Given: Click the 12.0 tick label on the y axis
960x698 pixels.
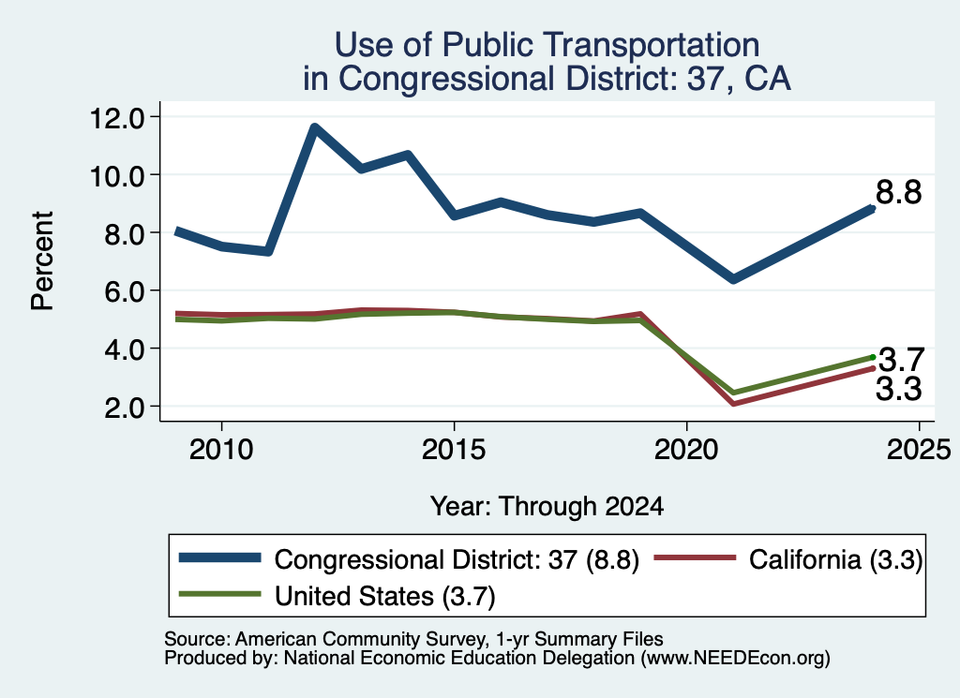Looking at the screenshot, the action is [x=116, y=117].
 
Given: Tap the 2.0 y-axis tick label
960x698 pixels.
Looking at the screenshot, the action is [x=124, y=408].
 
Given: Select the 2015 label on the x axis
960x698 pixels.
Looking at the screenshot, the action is [x=454, y=451].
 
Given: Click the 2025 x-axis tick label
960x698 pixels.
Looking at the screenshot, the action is [x=919, y=451].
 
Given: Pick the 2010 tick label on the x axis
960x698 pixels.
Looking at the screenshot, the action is [x=221, y=451].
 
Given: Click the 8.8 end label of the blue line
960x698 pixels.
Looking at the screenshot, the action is [x=898, y=192].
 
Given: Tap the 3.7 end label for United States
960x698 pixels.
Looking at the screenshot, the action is [x=901, y=360].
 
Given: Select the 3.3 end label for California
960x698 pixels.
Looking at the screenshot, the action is [x=898, y=389].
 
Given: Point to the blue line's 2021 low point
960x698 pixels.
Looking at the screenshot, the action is [x=733, y=279].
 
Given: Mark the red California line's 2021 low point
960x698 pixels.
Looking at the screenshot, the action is [x=733, y=403].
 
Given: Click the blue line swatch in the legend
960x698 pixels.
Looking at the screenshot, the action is [x=219, y=557].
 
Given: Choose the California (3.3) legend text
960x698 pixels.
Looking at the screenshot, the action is [x=835, y=559].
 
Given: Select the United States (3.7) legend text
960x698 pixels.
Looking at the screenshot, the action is [x=384, y=596].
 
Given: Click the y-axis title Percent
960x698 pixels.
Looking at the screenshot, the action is [x=42, y=261].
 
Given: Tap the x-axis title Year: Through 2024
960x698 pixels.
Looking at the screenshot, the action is [x=547, y=507].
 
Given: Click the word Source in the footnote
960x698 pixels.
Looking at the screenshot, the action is [x=194, y=639].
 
